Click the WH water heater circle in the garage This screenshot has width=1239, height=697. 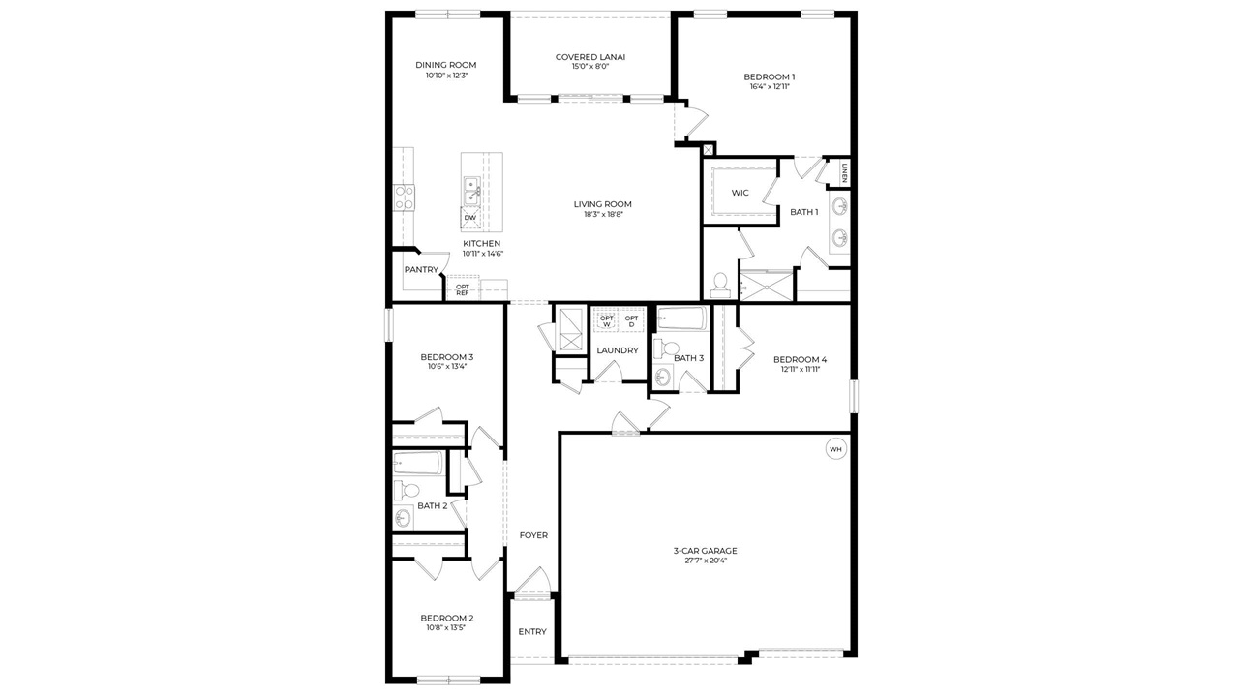835,449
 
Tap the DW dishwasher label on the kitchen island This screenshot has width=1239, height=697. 470,218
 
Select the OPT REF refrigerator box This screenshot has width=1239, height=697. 463,289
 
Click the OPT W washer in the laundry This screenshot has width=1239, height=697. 607,320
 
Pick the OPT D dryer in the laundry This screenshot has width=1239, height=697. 631,320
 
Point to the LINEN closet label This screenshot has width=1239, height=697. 844,172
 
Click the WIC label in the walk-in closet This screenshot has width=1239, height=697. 740,193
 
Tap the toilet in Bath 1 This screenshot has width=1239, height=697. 720,284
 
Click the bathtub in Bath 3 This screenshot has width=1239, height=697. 682,318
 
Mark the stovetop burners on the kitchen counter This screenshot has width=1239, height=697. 404,197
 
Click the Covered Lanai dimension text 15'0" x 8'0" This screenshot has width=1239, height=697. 590,67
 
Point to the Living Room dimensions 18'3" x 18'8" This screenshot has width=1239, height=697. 603,214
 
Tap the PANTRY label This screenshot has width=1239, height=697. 421,270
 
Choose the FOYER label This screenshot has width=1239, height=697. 533,535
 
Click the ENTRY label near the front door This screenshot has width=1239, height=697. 532,632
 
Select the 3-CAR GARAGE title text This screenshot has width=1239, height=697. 706,551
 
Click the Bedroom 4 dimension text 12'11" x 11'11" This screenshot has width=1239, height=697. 800,369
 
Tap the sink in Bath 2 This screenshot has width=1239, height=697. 402,518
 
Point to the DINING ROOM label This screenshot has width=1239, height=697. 446,65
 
